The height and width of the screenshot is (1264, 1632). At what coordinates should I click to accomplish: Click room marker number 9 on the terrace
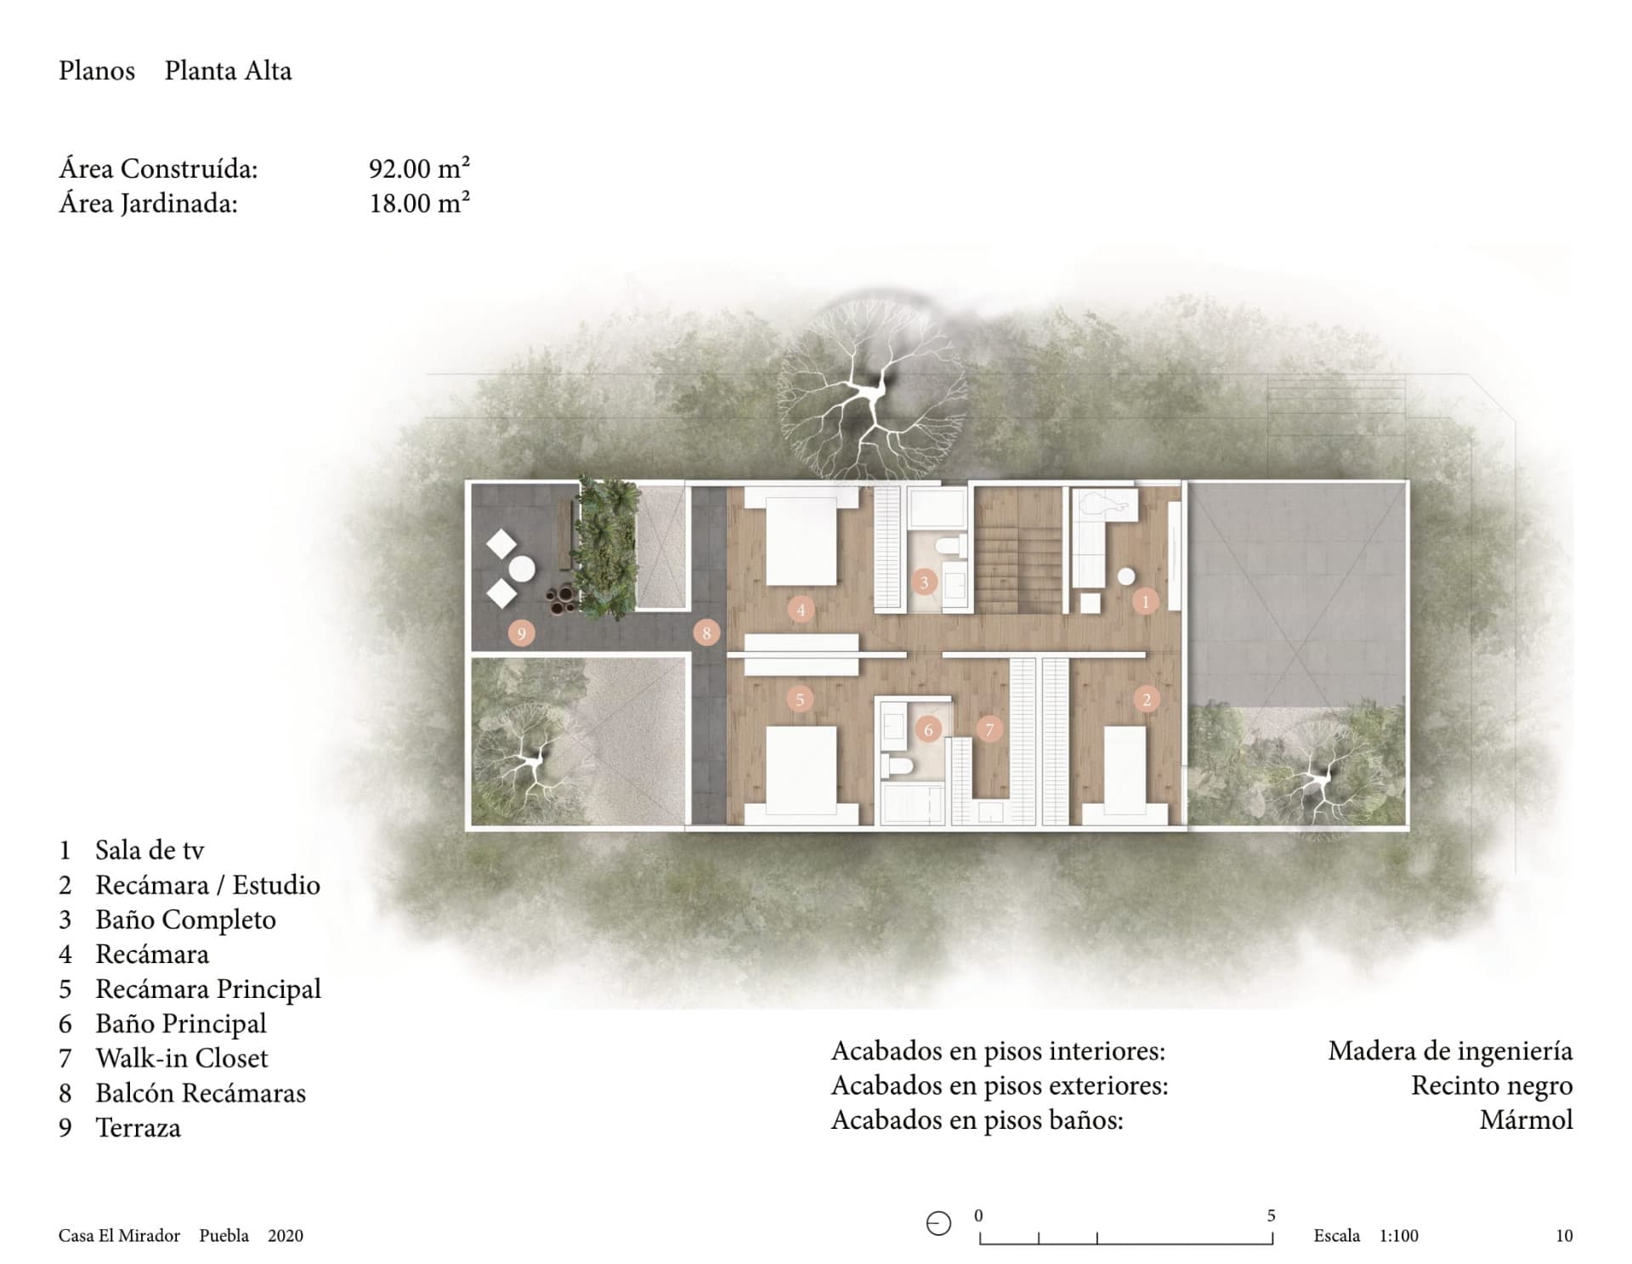pyautogui.click(x=521, y=632)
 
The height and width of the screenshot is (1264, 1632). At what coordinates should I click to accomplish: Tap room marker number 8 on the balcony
pyautogui.click(x=706, y=632)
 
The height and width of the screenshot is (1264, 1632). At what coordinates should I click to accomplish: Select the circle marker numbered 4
pyautogui.click(x=801, y=609)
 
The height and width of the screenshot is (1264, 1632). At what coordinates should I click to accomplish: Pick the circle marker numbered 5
pyautogui.click(x=800, y=700)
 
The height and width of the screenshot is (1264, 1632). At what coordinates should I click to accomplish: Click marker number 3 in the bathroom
pyautogui.click(x=924, y=582)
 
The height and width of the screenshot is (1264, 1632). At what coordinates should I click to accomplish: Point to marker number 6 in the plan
pyautogui.click(x=928, y=729)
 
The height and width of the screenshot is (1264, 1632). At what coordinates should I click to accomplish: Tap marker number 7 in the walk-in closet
pyautogui.click(x=989, y=729)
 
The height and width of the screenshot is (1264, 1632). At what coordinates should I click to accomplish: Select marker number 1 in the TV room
pyautogui.click(x=1145, y=602)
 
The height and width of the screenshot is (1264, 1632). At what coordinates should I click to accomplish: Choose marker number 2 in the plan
pyautogui.click(x=1147, y=700)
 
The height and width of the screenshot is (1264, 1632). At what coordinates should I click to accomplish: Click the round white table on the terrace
pyautogui.click(x=522, y=569)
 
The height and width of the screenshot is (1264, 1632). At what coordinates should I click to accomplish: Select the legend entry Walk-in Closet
pyautogui.click(x=182, y=1058)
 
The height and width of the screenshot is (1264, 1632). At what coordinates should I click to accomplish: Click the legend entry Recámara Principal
pyautogui.click(x=208, y=989)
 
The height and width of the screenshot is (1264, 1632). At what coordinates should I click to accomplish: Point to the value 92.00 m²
pyautogui.click(x=420, y=168)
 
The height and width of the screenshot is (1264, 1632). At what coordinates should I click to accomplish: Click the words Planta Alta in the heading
pyautogui.click(x=228, y=71)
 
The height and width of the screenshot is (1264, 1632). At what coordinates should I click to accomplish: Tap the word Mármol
pyautogui.click(x=1527, y=1119)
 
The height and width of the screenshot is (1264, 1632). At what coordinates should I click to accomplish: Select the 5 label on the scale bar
pyautogui.click(x=1272, y=1216)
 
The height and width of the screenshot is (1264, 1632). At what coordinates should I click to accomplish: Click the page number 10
pyautogui.click(x=1564, y=1236)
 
